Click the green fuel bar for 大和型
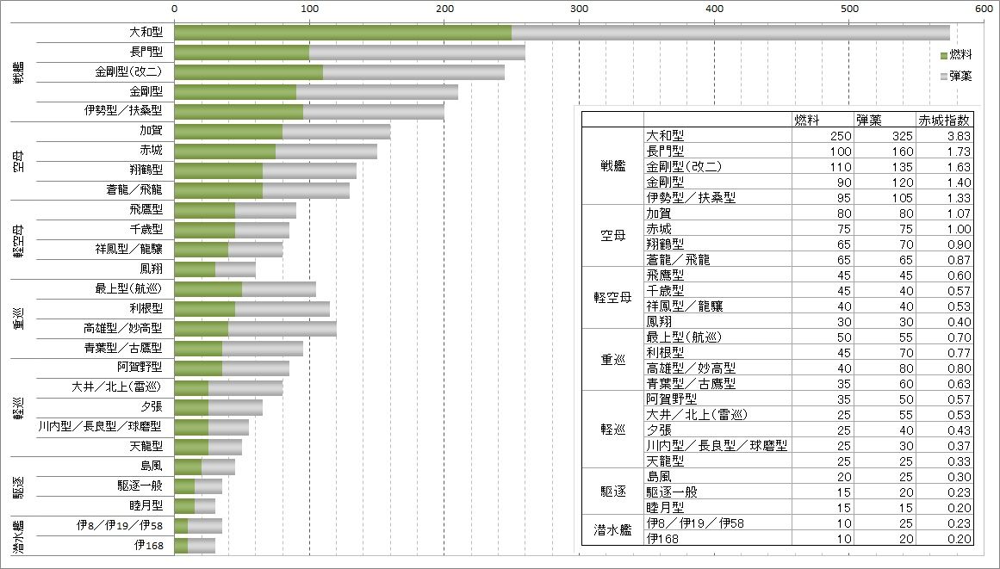click(x=343, y=33)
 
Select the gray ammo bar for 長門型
click(x=417, y=53)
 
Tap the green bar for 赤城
click(x=225, y=152)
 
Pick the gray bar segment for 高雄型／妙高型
click(x=283, y=328)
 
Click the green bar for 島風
click(x=188, y=467)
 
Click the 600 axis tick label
click(x=984, y=9)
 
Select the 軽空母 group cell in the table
click(x=612, y=298)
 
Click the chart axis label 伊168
click(x=148, y=545)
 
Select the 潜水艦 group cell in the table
click(x=612, y=530)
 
